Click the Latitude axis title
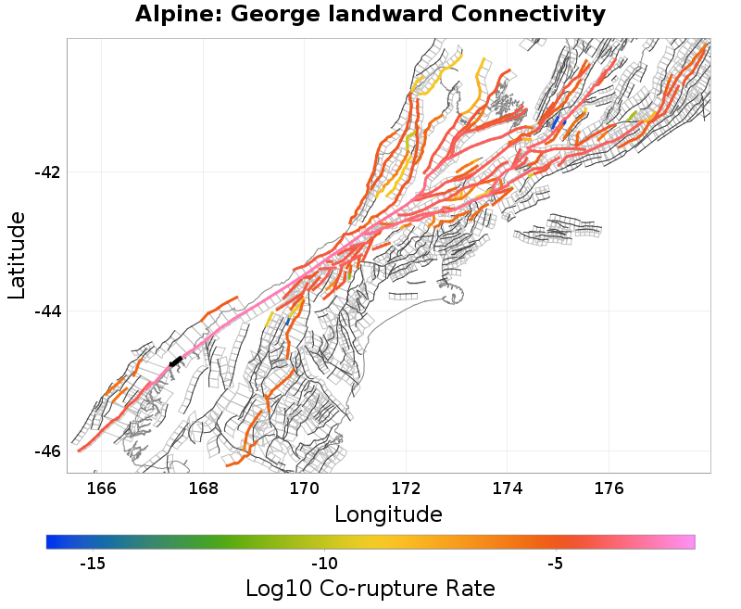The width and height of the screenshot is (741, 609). (17, 255)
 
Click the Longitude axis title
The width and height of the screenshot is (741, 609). (388, 514)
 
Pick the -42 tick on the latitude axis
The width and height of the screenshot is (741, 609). (47, 173)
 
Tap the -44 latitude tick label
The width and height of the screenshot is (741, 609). (47, 311)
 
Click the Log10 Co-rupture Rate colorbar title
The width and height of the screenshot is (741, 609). (370, 589)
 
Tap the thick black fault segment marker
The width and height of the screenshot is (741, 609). (175, 362)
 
